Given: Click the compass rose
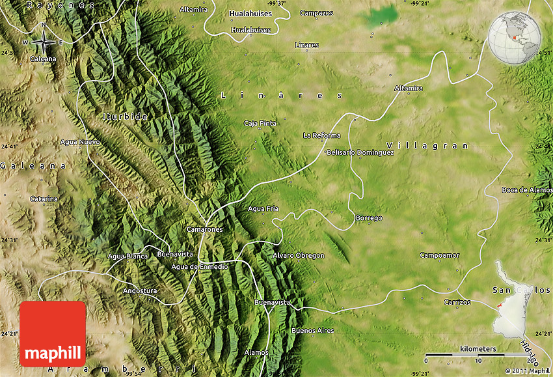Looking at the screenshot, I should pyautogui.click(x=44, y=42).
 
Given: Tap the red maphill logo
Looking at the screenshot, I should pyautogui.click(x=53, y=333).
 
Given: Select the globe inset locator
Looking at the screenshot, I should pyautogui.click(x=515, y=37).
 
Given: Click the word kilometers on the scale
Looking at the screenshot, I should pyautogui.click(x=478, y=349).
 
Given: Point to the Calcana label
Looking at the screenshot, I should pyautogui.click(x=43, y=59).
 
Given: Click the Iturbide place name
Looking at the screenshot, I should pyautogui.click(x=125, y=117).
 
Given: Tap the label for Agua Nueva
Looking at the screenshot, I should pyautogui.click(x=80, y=141).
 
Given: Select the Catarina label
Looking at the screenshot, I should pyautogui.click(x=44, y=199).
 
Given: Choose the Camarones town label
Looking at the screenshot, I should pyautogui.click(x=204, y=229).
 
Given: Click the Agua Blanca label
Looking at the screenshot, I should pyautogui.click(x=128, y=256).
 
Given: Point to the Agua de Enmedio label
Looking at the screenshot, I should pyautogui.click(x=200, y=266).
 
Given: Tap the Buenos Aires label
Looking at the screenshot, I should pyautogui.click(x=313, y=331).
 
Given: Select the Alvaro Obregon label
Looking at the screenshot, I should pyautogui.click(x=299, y=255).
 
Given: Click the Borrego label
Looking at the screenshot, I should pyautogui.click(x=369, y=217).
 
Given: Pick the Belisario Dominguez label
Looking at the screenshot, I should pyautogui.click(x=360, y=152).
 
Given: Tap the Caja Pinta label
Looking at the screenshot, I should pyautogui.click(x=260, y=123).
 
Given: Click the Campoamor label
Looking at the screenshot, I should pyautogui.click(x=440, y=255).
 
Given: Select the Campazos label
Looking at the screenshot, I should pyautogui.click(x=316, y=12).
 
